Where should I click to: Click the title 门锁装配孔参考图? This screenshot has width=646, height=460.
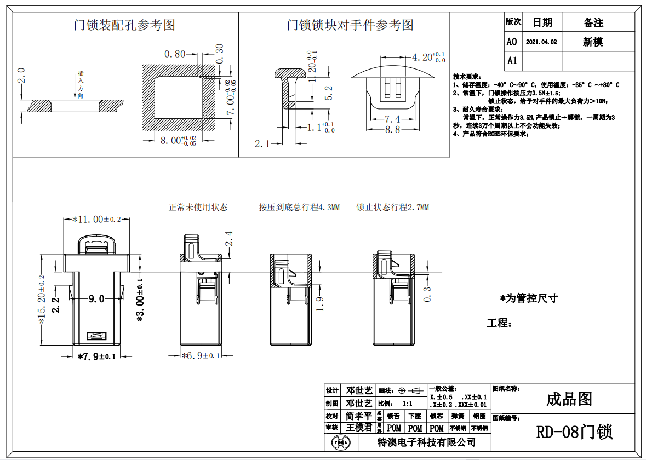point(125,25)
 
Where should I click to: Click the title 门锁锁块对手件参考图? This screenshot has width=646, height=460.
point(350,25)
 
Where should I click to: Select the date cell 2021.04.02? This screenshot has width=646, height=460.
point(541,42)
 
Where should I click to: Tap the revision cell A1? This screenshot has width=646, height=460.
point(512,60)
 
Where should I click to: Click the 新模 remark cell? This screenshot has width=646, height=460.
point(593,42)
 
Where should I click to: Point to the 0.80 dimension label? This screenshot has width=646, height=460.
point(175,54)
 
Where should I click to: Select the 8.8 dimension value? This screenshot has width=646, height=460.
point(392,130)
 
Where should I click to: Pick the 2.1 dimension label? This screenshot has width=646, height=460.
point(263,144)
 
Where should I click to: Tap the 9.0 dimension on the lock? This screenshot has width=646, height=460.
point(96,299)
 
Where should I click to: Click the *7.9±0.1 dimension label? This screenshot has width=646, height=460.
point(96,357)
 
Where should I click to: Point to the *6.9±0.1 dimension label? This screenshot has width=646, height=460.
point(201,356)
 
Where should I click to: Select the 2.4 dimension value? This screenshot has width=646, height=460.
point(229,239)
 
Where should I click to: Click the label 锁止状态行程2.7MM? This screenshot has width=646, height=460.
point(393,208)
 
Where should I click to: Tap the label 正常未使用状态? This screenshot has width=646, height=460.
point(198,208)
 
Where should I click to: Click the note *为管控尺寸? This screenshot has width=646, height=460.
point(529,298)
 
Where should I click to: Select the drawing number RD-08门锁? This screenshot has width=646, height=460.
point(574,432)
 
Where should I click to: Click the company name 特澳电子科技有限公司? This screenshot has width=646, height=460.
point(427,442)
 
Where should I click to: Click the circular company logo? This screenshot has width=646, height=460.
point(341,442)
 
